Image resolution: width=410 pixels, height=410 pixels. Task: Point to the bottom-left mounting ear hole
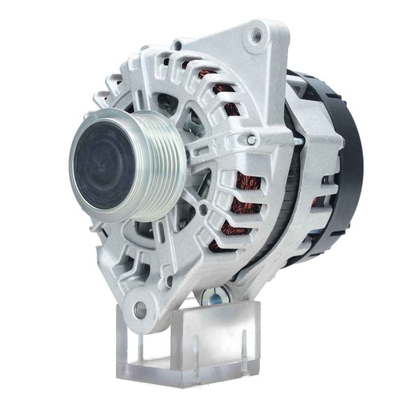click(141, 309)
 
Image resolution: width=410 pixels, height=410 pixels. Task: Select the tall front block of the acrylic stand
click(215, 340)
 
